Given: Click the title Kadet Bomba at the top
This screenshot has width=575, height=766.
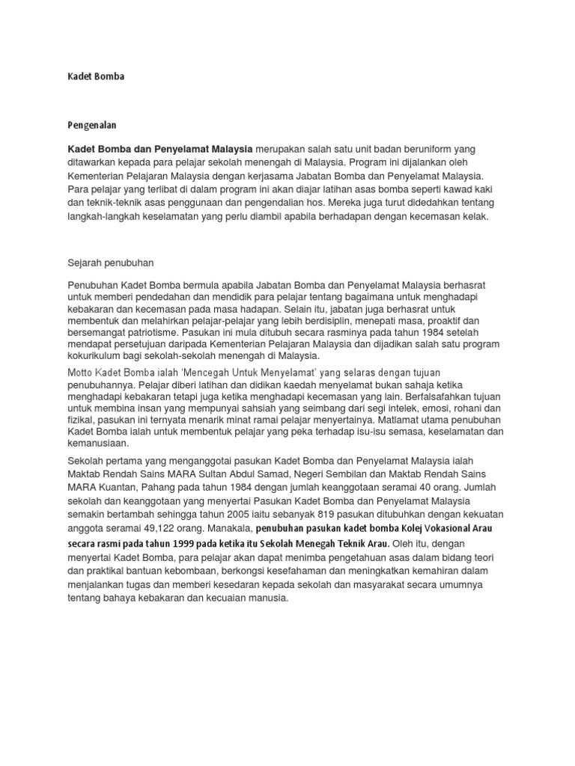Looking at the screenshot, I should tap(96, 77).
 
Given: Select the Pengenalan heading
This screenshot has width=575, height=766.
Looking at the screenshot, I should tap(93, 125).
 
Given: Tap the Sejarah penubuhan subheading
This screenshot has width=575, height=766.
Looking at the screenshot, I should tap(110, 263).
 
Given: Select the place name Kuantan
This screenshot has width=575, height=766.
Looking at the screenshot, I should tap(122, 487).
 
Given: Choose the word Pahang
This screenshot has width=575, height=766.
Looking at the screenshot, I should tap(165, 487).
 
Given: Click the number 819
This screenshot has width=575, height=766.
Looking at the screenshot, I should tap(320, 514).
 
